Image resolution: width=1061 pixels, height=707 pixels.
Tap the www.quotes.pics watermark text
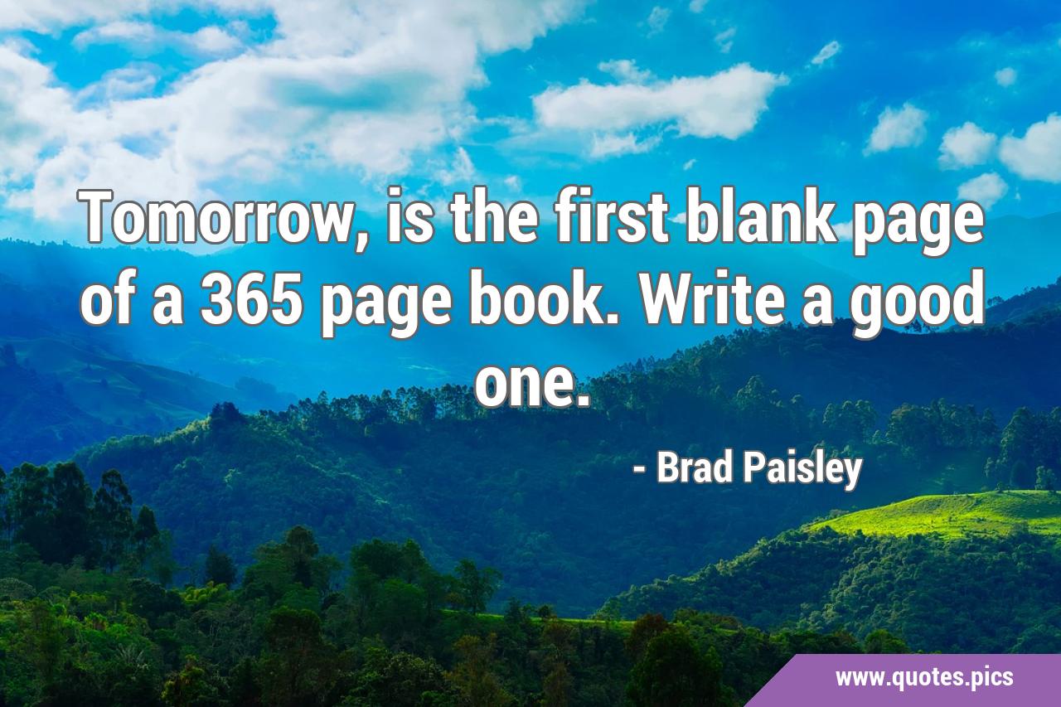[923, 678]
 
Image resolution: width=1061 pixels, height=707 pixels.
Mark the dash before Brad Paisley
[638, 471]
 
